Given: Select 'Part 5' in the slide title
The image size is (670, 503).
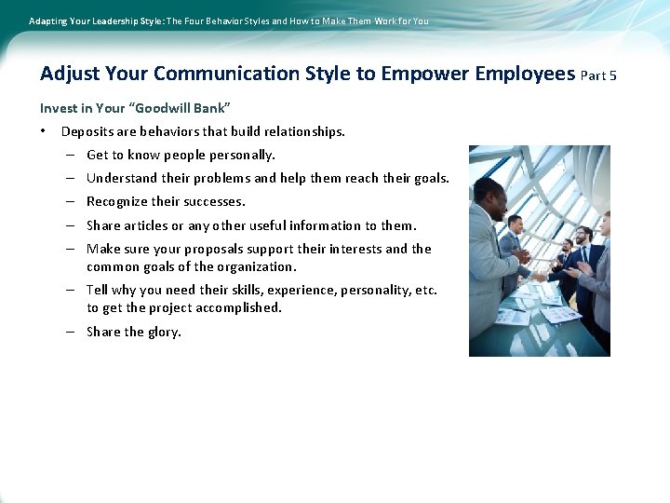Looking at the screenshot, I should (x=598, y=75).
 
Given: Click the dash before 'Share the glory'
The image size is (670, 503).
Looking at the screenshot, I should (x=71, y=332).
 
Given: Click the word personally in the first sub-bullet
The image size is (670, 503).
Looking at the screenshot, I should (x=244, y=156).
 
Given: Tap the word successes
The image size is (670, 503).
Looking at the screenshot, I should (x=215, y=202).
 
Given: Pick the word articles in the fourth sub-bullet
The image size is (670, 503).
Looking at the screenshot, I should (x=141, y=225).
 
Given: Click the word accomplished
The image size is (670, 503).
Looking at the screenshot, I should (x=238, y=307).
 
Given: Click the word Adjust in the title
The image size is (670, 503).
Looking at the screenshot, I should (x=69, y=74).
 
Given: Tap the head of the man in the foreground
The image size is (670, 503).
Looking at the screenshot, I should (x=488, y=193).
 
